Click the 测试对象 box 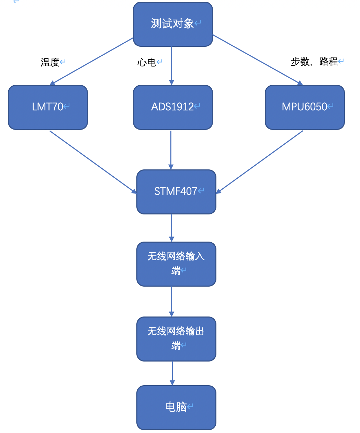173,24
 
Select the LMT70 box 48,107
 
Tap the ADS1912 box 173,107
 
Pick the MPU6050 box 305,107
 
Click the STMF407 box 176,192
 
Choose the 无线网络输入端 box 176,264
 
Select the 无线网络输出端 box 176,339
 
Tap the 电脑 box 176,408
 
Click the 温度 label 50,62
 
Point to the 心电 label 147,62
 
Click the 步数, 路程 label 314,62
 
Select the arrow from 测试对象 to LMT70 91,61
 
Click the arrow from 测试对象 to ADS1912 171,66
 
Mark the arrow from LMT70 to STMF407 93,162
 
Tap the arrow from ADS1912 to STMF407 171,150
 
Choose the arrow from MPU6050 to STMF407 260,162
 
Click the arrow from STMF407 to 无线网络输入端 171,228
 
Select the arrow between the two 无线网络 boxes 171,301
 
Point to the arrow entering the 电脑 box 172,373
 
